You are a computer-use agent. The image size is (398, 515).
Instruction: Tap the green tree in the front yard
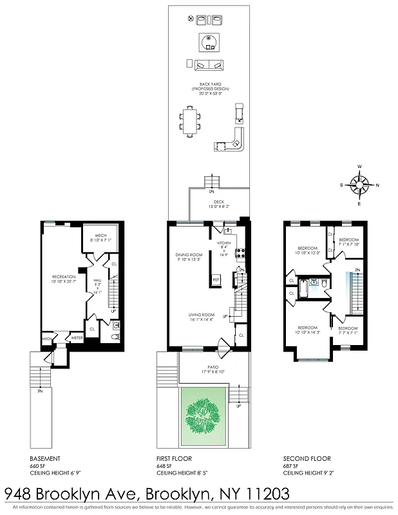click(204, 418)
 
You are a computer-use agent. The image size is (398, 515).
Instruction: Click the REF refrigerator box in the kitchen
click(216, 279)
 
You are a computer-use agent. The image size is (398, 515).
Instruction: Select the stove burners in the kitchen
click(240, 253)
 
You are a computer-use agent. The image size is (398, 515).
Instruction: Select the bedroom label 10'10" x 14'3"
click(307, 330)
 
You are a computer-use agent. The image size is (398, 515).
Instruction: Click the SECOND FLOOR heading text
click(307, 459)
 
